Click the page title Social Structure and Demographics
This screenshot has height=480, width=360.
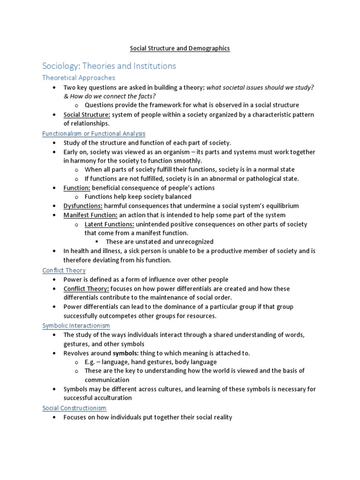tap(180, 48)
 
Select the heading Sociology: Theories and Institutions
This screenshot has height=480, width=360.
tap(109, 66)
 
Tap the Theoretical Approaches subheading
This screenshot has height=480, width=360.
tap(78, 78)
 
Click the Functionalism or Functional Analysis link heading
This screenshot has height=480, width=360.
tap(94, 134)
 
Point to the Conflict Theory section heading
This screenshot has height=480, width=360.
tap(64, 270)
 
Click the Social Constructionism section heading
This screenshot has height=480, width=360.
tap(75, 408)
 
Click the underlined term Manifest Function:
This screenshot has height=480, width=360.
tap(90, 215)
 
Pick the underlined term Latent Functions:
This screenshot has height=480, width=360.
tap(109, 224)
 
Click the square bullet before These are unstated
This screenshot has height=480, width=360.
tap(96, 242)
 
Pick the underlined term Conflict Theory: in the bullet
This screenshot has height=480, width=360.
tap(87, 289)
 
